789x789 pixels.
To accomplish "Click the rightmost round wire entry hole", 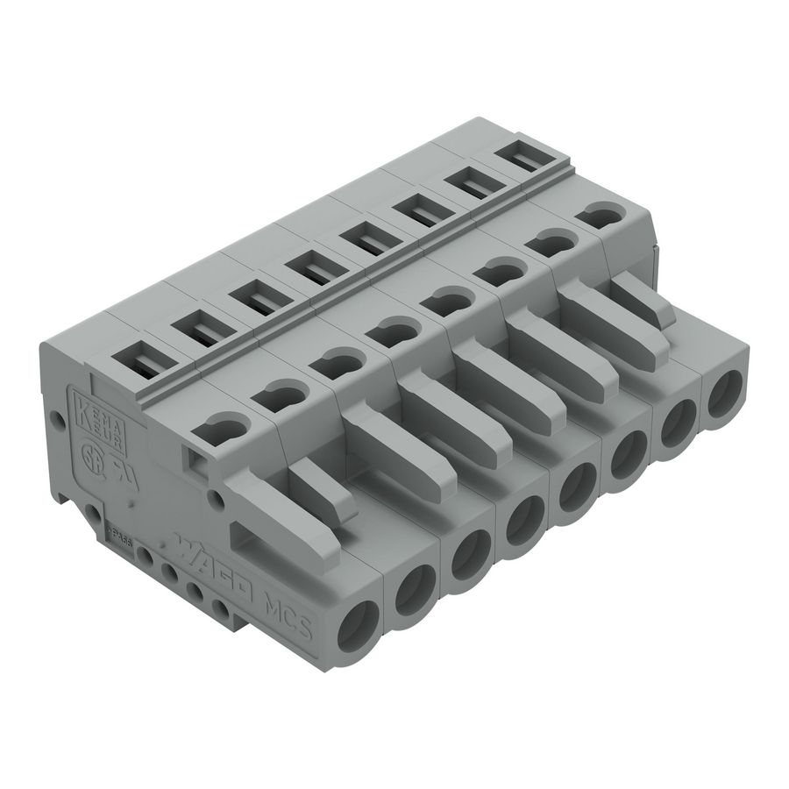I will [723, 394].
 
